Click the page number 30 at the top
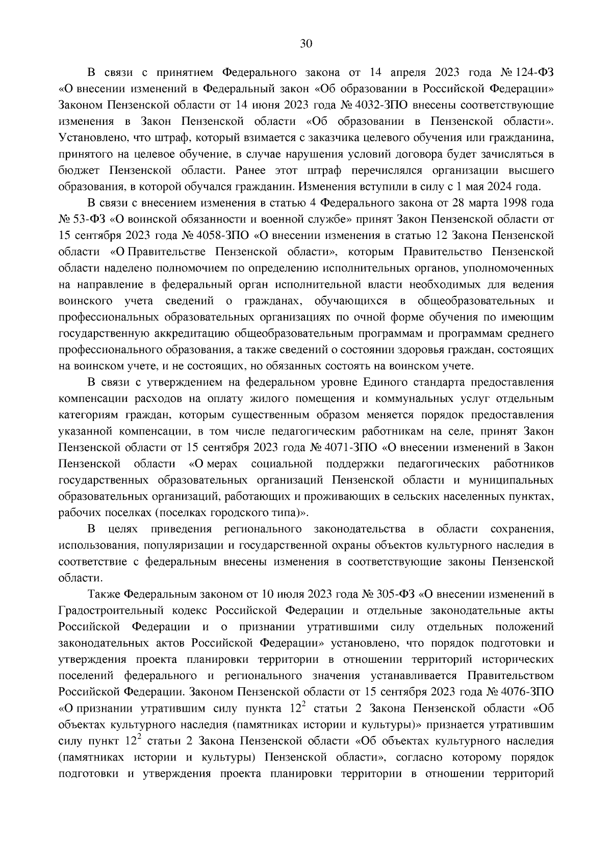[305, 44]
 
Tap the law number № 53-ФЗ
[80, 219]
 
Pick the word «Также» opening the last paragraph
[104, 594]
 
